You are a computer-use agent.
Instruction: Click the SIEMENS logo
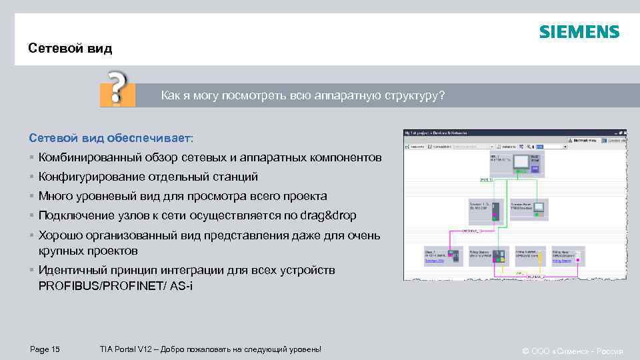579,32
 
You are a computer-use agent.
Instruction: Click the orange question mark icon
117,88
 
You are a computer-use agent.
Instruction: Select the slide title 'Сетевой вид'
70,49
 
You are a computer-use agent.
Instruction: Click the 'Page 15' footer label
45,349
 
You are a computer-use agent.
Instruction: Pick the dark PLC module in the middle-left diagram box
495,211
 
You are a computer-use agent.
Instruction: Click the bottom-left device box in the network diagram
443,255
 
